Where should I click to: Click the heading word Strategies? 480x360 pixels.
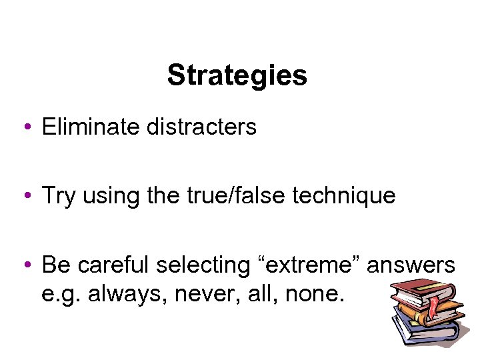click(237, 75)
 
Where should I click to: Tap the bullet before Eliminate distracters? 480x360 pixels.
click(25, 127)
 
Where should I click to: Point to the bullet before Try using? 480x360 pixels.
click(25, 196)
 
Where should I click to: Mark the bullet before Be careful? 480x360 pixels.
click(25, 265)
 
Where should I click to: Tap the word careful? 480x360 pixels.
click(113, 265)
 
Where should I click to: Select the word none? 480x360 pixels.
click(311, 293)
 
